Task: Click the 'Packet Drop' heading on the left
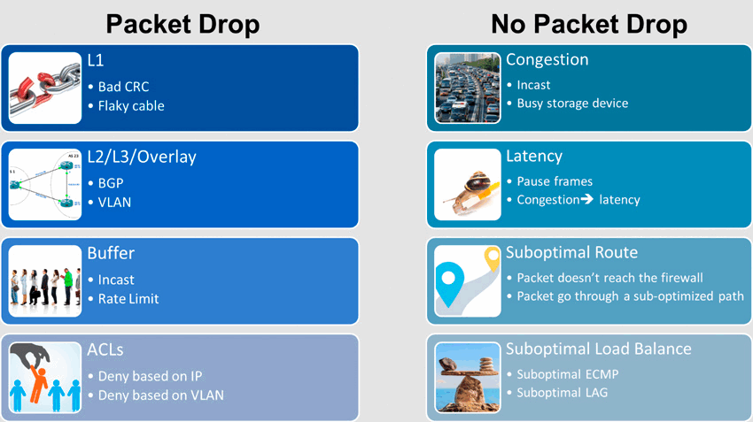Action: click(182, 25)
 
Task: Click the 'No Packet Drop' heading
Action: click(589, 25)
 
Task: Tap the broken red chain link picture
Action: click(45, 88)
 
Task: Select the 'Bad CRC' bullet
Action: click(123, 87)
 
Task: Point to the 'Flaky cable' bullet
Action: click(131, 106)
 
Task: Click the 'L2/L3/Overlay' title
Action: click(142, 157)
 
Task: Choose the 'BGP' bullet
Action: click(111, 183)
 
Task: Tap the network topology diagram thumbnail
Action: click(45, 185)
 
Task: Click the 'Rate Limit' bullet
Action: click(128, 299)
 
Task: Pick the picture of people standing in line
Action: click(45, 281)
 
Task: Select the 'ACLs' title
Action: click(105, 349)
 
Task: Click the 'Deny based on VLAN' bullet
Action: click(161, 395)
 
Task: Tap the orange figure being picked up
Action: click(38, 383)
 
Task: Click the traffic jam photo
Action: click(467, 88)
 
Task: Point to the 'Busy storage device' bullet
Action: click(572, 104)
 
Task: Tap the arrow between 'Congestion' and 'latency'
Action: click(586, 199)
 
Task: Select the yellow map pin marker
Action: click(492, 258)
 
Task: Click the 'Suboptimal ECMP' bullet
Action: click(568, 374)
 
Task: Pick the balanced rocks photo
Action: click(467, 378)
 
